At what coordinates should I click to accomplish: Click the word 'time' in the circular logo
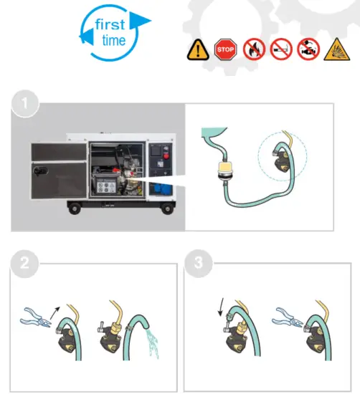113,40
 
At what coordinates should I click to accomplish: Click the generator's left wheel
74,208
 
